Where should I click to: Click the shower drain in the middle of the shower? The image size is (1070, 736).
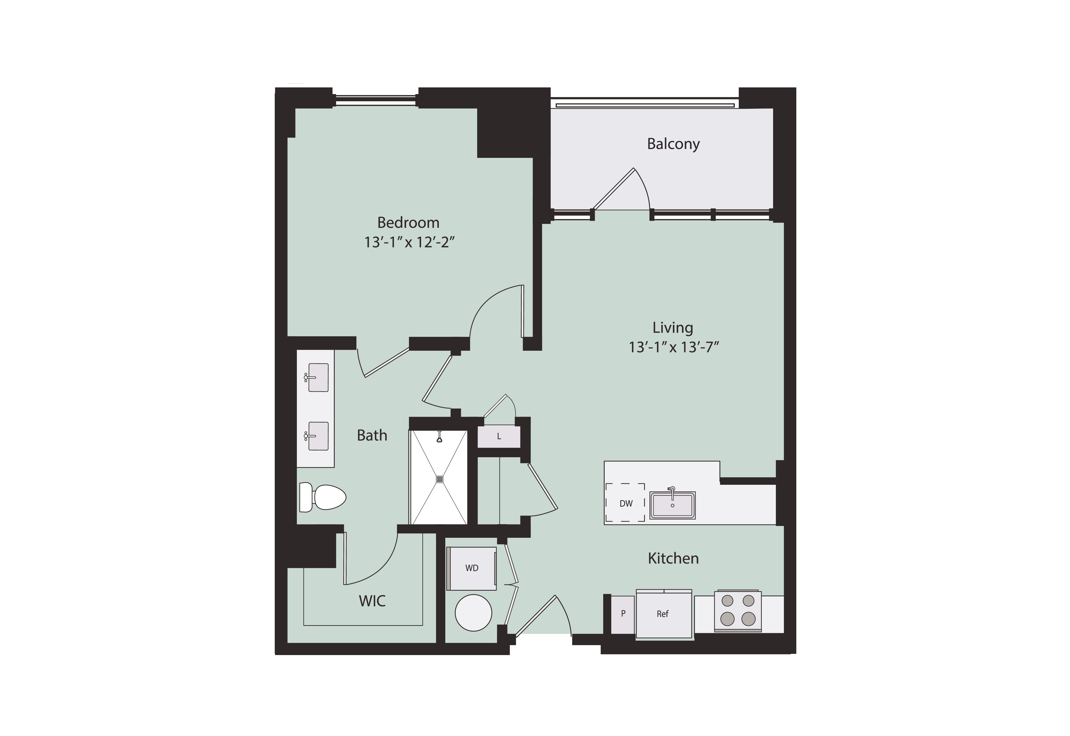click(439, 479)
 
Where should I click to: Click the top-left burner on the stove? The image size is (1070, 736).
click(727, 600)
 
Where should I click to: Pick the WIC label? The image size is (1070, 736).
click(372, 601)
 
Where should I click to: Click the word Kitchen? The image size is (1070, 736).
click(673, 559)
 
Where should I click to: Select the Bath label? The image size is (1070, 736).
click(372, 435)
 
